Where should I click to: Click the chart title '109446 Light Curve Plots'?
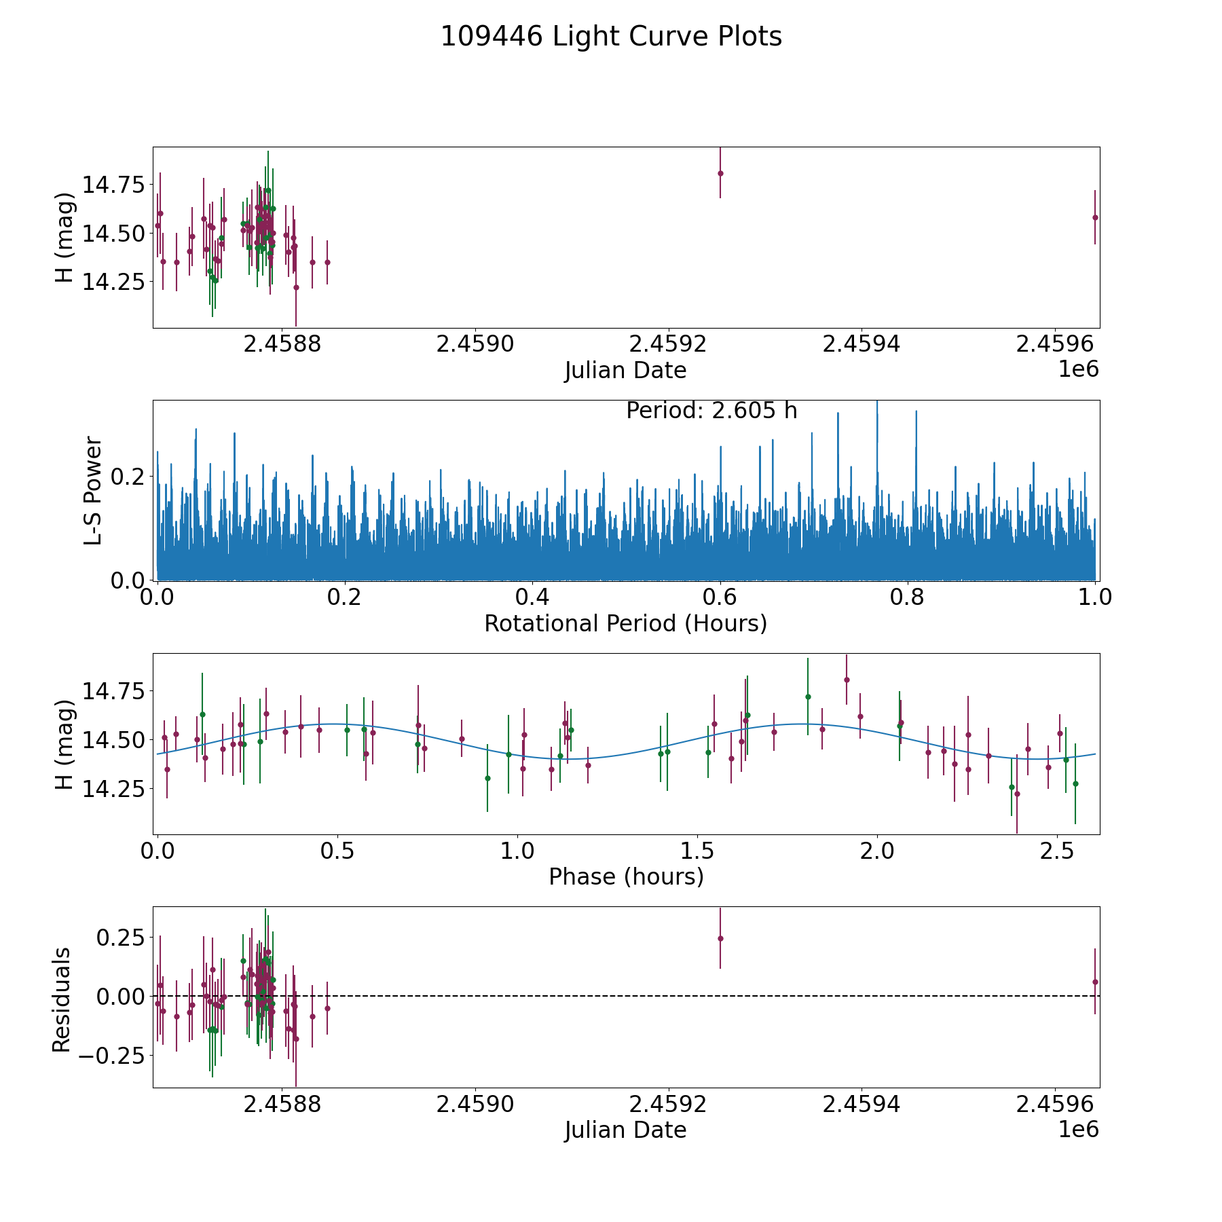pyautogui.click(x=611, y=37)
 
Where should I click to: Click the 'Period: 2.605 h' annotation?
pyautogui.click(x=711, y=411)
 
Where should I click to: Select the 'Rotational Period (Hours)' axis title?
pyautogui.click(x=625, y=623)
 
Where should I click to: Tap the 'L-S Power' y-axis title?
pyautogui.click(x=93, y=490)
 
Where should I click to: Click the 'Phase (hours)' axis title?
pyautogui.click(x=625, y=876)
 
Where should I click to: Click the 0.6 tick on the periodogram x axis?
pyautogui.click(x=720, y=597)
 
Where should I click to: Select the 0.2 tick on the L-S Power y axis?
pyautogui.click(x=128, y=477)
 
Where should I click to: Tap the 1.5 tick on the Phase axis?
pyautogui.click(x=697, y=851)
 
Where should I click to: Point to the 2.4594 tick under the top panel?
pyautogui.click(x=861, y=344)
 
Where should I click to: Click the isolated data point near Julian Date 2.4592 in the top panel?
pyautogui.click(x=720, y=173)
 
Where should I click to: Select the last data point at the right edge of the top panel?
pyautogui.click(x=1095, y=217)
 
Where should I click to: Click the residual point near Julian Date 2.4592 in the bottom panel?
pyautogui.click(x=720, y=938)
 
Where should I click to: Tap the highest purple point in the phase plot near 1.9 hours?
pyautogui.click(x=847, y=680)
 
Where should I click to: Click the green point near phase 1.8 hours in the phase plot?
pyautogui.click(x=808, y=697)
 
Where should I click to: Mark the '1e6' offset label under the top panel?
pyautogui.click(x=1078, y=369)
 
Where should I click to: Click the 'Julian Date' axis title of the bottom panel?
pyautogui.click(x=625, y=1130)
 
